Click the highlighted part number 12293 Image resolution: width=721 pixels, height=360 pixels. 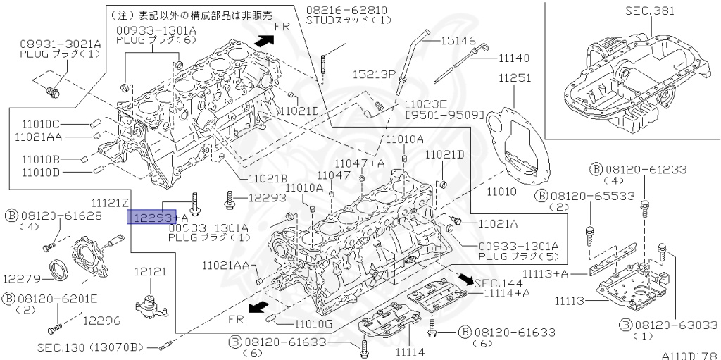(x=149, y=218)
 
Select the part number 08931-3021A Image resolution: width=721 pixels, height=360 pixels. (x=61, y=43)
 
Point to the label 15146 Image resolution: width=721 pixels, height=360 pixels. (x=459, y=42)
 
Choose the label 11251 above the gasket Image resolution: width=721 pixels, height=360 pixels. (x=515, y=78)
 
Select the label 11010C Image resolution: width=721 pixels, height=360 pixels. (x=40, y=123)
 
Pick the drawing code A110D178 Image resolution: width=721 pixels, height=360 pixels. (x=688, y=355)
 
